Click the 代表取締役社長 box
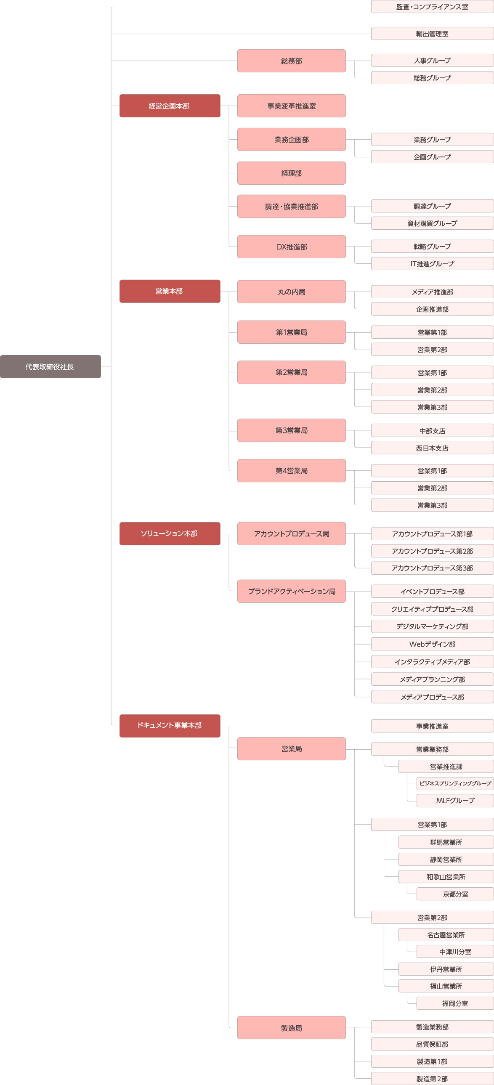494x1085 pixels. tap(50, 366)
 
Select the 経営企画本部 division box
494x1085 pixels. tap(170, 106)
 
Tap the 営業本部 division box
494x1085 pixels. tap(170, 291)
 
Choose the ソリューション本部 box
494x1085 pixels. tap(170, 533)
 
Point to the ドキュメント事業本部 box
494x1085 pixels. tap(170, 726)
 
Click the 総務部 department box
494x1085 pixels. tap(292, 61)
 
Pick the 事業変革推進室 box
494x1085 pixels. tap(292, 106)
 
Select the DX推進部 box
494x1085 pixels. tap(292, 247)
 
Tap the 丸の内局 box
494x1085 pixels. tap(292, 292)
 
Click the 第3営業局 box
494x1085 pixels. tap(292, 430)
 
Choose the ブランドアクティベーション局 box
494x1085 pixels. tap(292, 592)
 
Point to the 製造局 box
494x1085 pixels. tap(292, 1028)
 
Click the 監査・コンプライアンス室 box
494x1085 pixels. tap(433, 7)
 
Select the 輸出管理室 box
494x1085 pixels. tap(433, 34)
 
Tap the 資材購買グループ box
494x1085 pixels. tap(433, 223)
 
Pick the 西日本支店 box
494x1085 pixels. tap(433, 448)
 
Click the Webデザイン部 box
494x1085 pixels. tap(433, 644)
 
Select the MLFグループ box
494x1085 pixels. tap(455, 801)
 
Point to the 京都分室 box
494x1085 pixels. tap(455, 894)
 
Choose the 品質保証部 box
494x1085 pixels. tap(433, 1044)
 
